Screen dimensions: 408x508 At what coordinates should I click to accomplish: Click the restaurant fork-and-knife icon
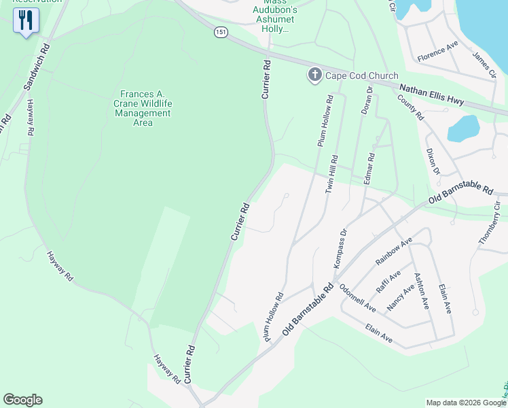point(26,20)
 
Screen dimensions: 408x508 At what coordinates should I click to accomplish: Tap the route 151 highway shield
point(219,32)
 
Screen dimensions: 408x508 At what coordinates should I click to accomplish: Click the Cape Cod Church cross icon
point(314,75)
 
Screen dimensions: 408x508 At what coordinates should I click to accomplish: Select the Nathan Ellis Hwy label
point(431,95)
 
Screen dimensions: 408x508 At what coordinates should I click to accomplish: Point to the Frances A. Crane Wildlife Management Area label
point(143,108)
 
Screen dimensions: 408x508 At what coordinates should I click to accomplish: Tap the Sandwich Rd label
point(37,68)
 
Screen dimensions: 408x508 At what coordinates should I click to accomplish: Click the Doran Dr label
point(367,100)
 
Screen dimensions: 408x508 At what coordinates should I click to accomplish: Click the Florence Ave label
point(438,51)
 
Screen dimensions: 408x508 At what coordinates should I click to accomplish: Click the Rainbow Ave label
point(393,252)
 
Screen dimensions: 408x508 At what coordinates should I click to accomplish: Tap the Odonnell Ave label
point(357,297)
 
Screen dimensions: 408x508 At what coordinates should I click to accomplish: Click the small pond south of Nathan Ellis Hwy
point(463,128)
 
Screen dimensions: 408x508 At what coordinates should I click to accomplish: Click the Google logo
point(22,400)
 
